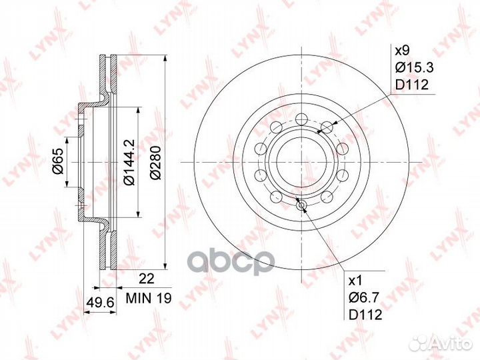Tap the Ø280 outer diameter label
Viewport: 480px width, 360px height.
pos(155,161)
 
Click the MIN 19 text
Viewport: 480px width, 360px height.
pos(143,300)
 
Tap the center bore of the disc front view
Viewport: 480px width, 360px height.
pos(300,161)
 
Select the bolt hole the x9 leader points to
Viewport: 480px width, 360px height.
pos(326,127)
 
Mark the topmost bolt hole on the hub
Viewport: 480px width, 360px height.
pos(300,119)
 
